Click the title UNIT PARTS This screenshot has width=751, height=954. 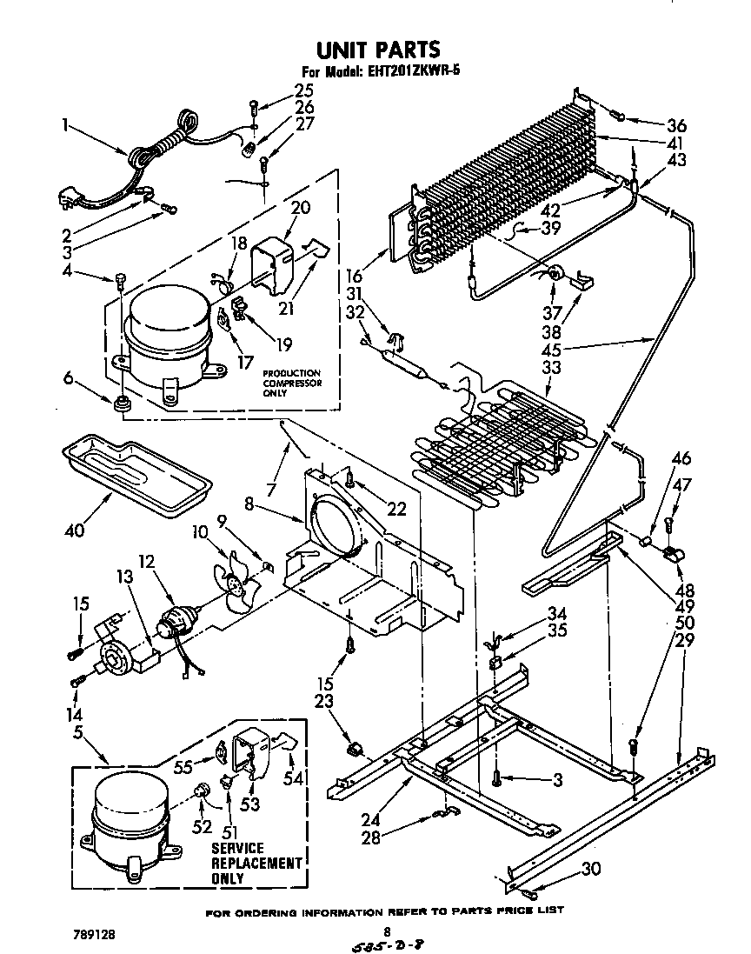[375, 50]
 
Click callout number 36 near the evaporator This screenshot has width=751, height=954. [676, 123]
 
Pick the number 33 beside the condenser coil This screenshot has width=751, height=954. [550, 368]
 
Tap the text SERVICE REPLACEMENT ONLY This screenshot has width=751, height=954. [256, 863]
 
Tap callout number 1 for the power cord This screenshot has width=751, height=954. [65, 124]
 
